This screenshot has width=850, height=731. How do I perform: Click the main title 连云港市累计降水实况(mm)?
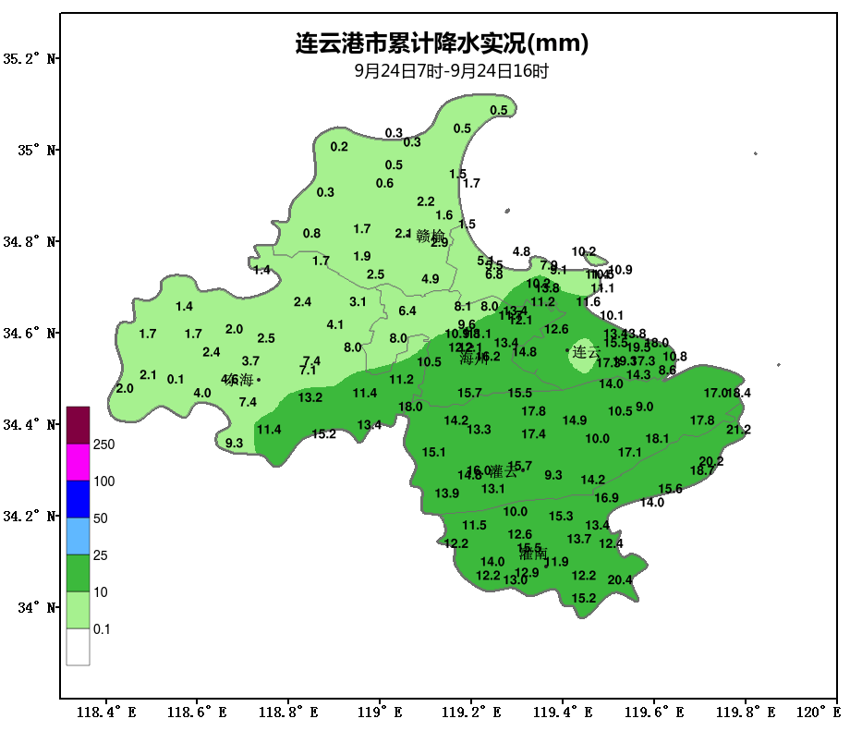pos(442,43)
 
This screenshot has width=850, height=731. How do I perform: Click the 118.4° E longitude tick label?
pos(105,713)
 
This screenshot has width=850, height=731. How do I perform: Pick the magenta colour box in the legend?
pos(78,462)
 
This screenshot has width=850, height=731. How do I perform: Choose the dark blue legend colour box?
pos(78,499)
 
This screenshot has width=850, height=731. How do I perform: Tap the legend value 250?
pos(103,445)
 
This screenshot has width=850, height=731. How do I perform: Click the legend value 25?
pos(100,555)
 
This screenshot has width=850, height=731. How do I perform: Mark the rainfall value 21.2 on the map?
pos(738,430)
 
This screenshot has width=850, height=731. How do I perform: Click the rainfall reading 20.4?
pos(620,580)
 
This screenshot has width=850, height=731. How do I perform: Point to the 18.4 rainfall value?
pos(739,393)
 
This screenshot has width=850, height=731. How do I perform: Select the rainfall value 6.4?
pos(407,311)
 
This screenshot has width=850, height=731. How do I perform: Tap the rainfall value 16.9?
pos(606,498)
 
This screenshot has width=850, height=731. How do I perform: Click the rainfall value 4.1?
pos(334,324)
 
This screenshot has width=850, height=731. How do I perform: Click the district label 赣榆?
pos(431,236)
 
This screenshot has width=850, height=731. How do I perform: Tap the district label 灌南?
pos(532,554)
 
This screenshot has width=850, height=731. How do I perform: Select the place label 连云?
pos(585,352)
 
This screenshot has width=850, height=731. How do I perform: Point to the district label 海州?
pos(473,359)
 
